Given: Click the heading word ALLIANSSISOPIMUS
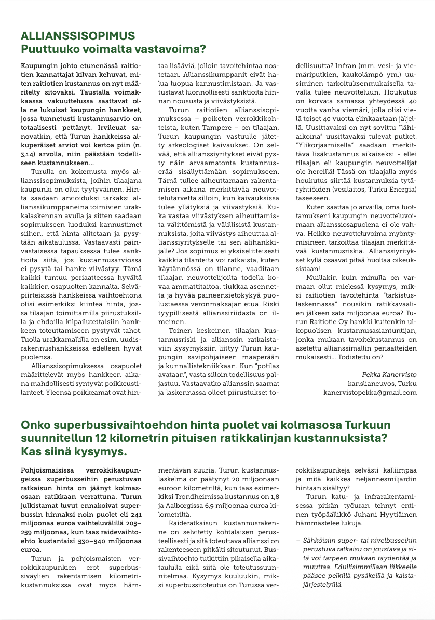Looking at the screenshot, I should click(78, 36).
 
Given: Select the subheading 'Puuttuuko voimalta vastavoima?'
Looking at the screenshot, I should click(113, 49).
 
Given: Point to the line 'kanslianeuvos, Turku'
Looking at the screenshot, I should click(382, 383).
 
